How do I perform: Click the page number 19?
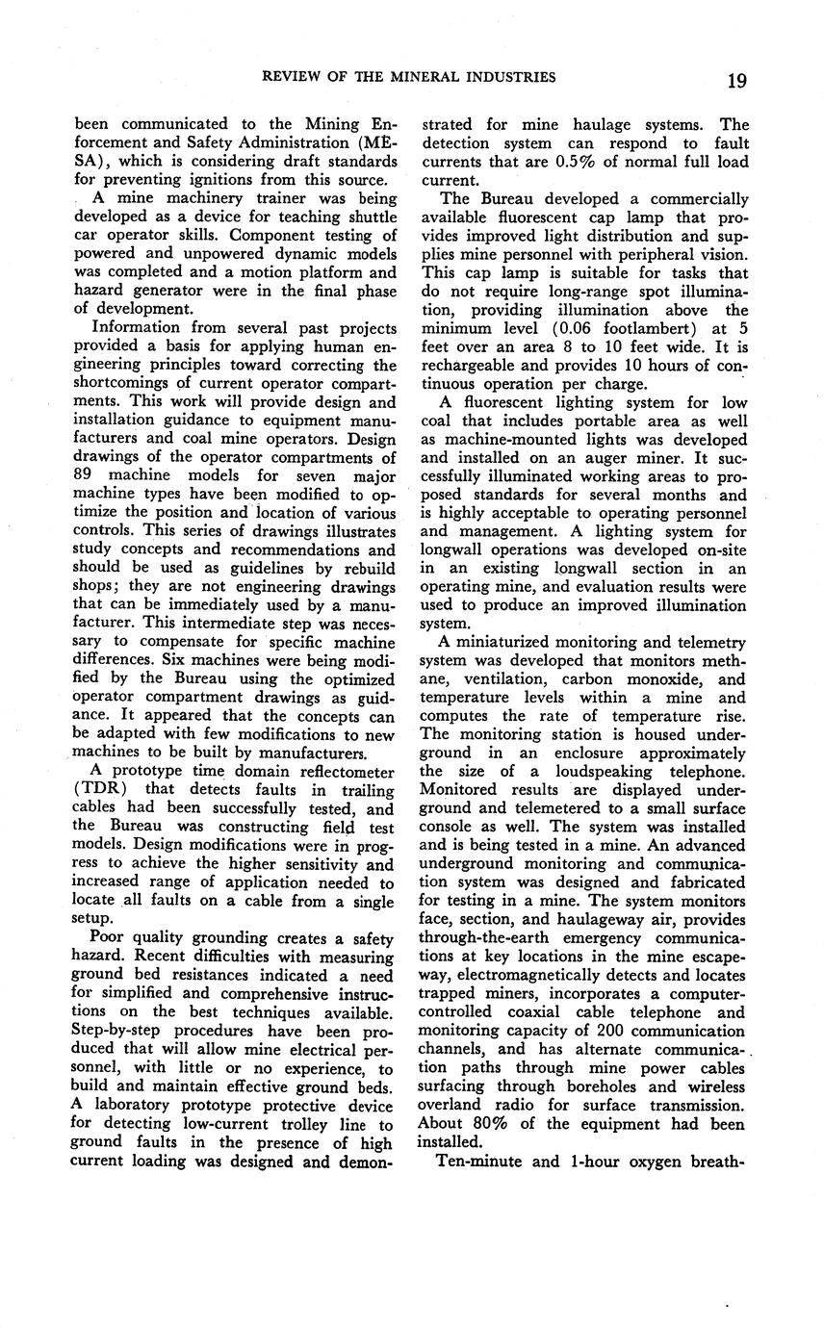736,79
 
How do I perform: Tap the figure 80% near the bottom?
484,1124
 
